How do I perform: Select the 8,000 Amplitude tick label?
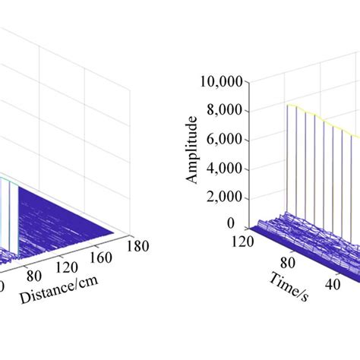coord(226,111)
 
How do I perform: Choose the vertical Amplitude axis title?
coord(193,150)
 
